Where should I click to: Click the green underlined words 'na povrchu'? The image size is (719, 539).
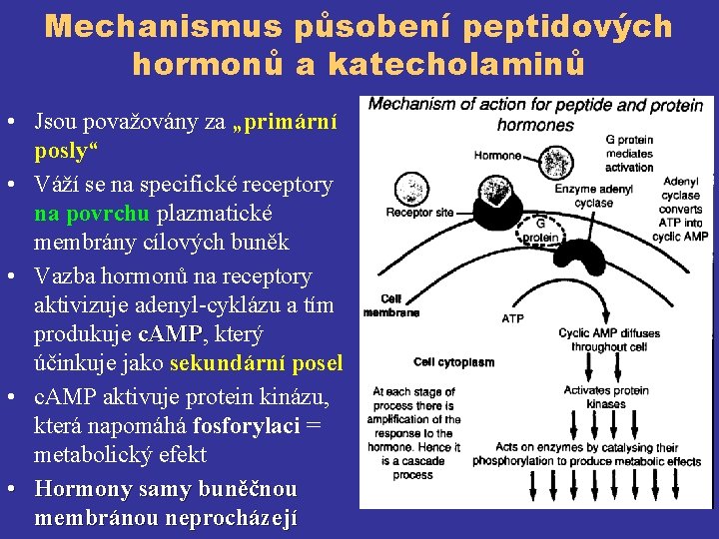[91, 214]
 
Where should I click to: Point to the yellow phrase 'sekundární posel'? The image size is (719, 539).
[257, 362]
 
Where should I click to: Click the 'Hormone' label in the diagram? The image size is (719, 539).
[497, 156]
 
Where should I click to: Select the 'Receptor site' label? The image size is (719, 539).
[419, 212]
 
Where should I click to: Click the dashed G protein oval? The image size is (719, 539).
[540, 232]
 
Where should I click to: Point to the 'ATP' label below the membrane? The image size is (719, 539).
[512, 318]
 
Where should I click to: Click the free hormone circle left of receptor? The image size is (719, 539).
[410, 189]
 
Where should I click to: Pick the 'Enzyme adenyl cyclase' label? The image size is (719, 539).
[595, 196]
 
